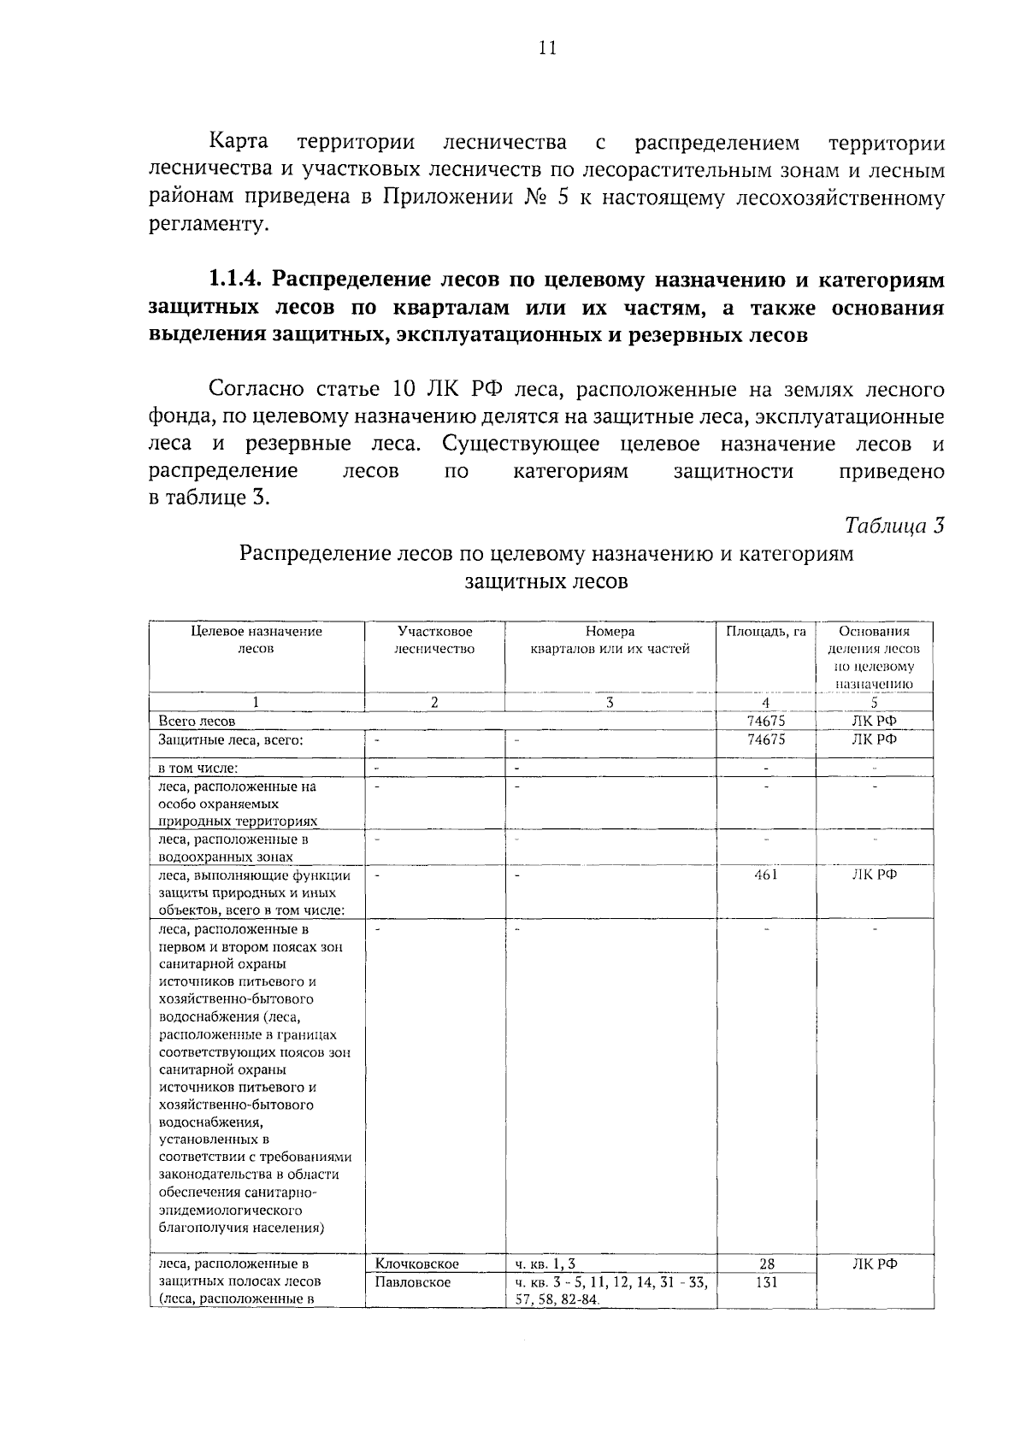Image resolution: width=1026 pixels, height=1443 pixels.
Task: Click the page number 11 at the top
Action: pyautogui.click(x=547, y=49)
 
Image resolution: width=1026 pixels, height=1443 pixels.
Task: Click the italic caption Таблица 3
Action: pyautogui.click(x=894, y=526)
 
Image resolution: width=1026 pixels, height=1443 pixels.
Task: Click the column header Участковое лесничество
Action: pyautogui.click(x=434, y=639)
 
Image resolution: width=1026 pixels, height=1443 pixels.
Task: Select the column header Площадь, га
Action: pyautogui.click(x=765, y=632)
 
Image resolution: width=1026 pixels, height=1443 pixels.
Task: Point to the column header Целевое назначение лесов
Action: pyautogui.click(x=256, y=639)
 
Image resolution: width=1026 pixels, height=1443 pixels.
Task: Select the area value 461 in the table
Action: pyautogui.click(x=765, y=875)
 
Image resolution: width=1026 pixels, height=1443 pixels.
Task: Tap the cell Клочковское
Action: pyautogui.click(x=417, y=1263)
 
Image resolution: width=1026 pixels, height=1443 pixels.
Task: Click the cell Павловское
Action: pyautogui.click(x=413, y=1282)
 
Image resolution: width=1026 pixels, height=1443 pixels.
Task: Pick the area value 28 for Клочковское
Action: pyautogui.click(x=766, y=1263)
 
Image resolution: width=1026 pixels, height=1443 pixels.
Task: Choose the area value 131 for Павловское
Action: pyautogui.click(x=766, y=1282)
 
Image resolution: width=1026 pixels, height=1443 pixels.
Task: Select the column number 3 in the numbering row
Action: pyautogui.click(x=609, y=703)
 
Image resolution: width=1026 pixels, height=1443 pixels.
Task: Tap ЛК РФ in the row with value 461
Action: pyautogui.click(x=874, y=875)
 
